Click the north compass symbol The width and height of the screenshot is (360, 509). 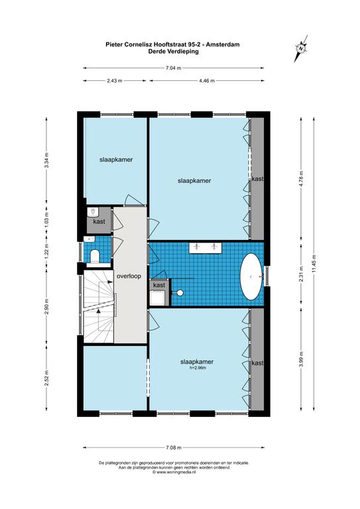coord(301,48)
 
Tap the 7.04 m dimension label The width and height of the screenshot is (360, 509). coord(173,68)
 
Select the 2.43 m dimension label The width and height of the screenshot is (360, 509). coord(115,80)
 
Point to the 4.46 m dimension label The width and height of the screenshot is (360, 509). coord(207,80)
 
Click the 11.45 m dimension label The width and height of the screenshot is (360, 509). coord(314,264)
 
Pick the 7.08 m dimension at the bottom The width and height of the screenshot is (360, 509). coord(173,447)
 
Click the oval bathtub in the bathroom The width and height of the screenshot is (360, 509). coord(251,276)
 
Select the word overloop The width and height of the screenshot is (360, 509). coord(129,276)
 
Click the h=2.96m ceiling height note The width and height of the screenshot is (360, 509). coord(198,368)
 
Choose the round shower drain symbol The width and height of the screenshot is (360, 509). coord(180,293)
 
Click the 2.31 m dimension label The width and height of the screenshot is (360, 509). coord(301,274)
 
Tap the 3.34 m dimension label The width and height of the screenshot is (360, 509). coord(47,160)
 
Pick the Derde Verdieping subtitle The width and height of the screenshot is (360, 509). coord(173,51)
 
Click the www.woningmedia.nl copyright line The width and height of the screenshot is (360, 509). coord(174,473)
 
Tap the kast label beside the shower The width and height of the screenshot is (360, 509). coord(159,285)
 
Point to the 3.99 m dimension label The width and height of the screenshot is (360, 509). coord(301,359)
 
